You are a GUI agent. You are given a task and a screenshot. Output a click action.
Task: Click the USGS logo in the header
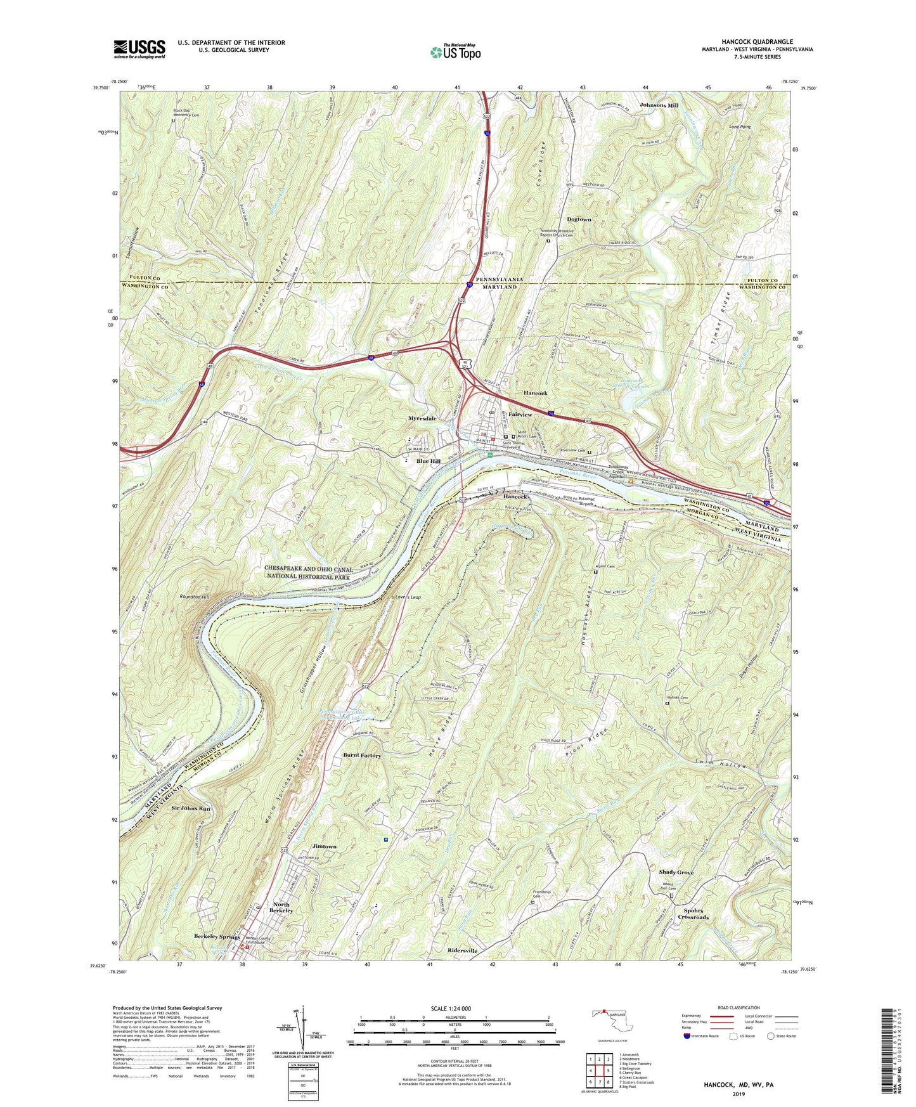[139, 49]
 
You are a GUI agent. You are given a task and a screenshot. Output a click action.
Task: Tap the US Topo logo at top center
[455, 52]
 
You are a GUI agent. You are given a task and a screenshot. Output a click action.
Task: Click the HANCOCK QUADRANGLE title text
[757, 42]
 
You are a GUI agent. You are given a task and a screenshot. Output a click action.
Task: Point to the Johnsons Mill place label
[659, 105]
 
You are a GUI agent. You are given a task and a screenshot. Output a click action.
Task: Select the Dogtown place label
[579, 219]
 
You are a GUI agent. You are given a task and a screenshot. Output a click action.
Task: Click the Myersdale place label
[422, 419]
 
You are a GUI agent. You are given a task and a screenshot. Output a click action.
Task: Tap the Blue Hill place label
[429, 461]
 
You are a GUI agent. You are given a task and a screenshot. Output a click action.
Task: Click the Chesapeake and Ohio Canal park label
[308, 573]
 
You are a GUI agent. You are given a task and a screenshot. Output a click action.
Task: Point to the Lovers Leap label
[408, 597]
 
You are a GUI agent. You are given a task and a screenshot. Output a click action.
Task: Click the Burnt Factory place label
[362, 755]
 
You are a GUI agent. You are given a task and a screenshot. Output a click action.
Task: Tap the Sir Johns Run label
[191, 808]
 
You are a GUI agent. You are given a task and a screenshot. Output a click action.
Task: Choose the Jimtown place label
[325, 846]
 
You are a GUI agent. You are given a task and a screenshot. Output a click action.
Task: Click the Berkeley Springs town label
[217, 936]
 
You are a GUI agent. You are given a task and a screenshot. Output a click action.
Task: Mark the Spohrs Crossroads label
[693, 914]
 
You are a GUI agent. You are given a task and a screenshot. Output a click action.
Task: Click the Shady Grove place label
[676, 872]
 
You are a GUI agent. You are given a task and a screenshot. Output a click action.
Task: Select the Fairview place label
[520, 414]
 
